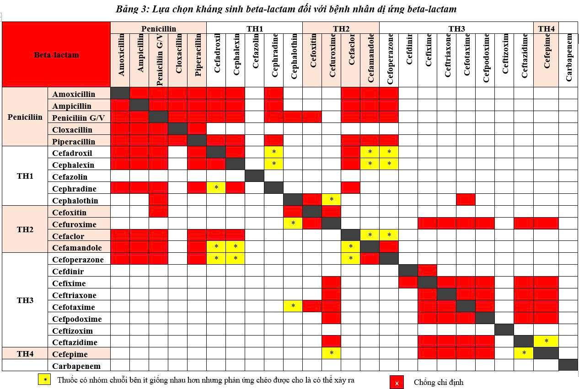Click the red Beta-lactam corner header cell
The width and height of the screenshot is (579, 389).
tap(56, 54)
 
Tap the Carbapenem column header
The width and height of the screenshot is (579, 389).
tap(568, 58)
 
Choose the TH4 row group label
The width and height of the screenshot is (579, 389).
tap(25, 354)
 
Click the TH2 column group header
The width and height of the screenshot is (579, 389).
tap(341, 29)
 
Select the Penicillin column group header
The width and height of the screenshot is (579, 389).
tap(158, 29)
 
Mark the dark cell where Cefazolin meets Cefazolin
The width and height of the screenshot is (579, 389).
tap(254, 176)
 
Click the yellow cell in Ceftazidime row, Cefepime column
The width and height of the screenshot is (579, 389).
tap(546, 341)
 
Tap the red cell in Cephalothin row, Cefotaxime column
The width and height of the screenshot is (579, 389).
tap(466, 200)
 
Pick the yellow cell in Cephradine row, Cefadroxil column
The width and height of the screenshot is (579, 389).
tap(216, 188)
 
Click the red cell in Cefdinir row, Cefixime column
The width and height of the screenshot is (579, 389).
tap(427, 271)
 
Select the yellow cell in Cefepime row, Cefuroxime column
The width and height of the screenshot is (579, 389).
tap(332, 353)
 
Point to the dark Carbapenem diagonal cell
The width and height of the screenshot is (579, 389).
tap(568, 365)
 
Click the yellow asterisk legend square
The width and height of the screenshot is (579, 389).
tap(44, 379)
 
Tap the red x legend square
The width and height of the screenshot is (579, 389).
tap(397, 383)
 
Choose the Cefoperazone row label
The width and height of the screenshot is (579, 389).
tap(78, 260)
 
